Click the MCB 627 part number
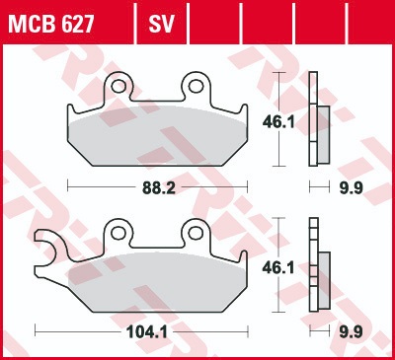click(51, 24)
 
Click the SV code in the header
click(161, 24)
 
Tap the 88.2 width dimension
click(159, 188)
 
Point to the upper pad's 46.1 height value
click(278, 122)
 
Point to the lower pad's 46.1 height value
click(278, 268)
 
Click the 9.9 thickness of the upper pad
click(351, 188)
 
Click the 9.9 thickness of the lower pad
click(351, 332)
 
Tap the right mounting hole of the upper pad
click(196, 87)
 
